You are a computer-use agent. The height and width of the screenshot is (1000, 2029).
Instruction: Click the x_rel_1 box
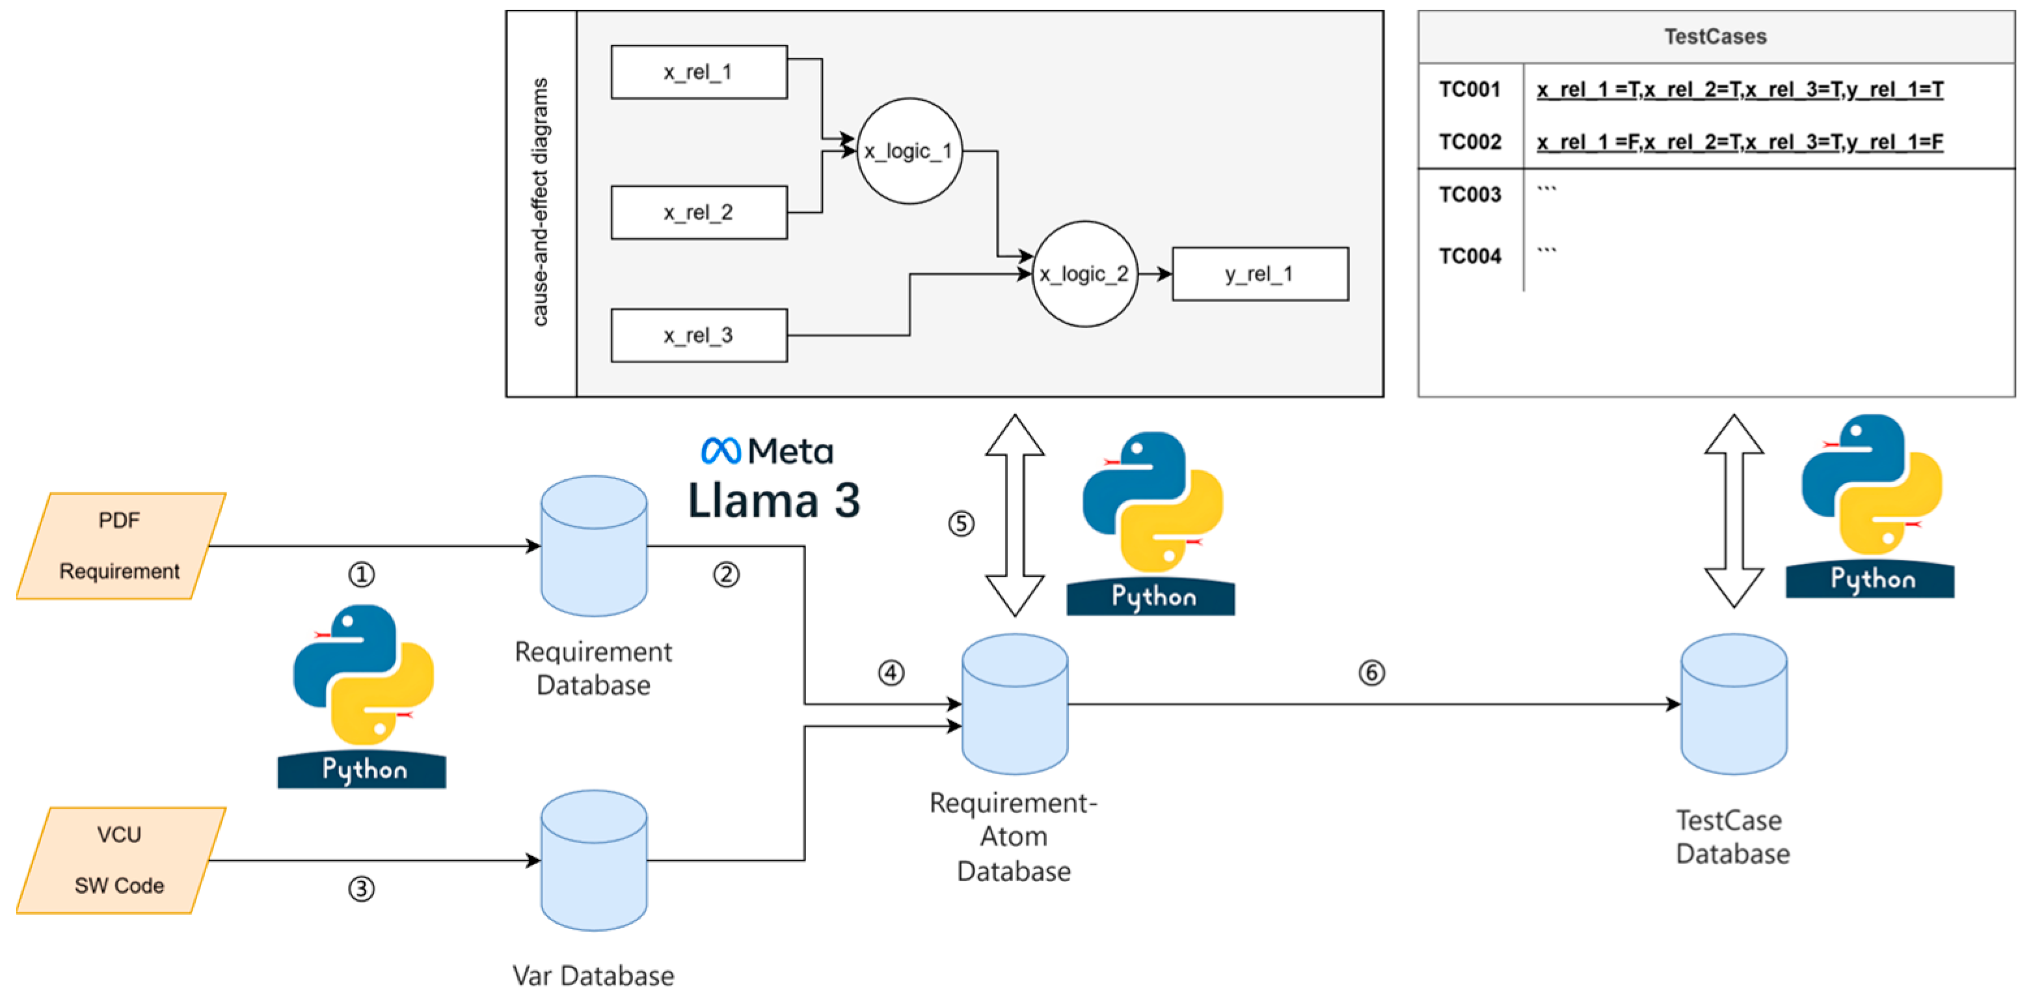tap(699, 72)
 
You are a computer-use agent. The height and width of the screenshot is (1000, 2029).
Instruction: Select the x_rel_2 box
tap(699, 213)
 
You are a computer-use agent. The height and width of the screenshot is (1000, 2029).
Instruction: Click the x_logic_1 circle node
tap(909, 151)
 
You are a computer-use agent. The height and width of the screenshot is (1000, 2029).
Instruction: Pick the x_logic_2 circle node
tap(1084, 274)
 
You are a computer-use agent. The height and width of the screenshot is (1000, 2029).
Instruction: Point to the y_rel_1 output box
tap(1259, 274)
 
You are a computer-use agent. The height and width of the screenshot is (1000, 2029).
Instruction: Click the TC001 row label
tap(1469, 90)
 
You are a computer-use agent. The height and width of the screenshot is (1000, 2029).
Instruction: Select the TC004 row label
tap(1469, 256)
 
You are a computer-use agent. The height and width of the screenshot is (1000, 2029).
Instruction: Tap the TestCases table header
tap(1715, 37)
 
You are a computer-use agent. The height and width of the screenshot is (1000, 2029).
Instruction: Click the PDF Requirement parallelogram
tap(120, 546)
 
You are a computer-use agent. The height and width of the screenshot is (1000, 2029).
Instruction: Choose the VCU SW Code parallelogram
tap(120, 860)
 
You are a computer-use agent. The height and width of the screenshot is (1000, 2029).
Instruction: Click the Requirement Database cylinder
tap(594, 546)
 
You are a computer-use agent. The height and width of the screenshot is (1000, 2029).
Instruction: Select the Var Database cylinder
tap(594, 860)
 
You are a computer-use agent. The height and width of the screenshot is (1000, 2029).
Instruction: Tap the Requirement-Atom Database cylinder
tap(1015, 704)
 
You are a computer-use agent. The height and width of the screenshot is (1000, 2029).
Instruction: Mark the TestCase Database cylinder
tap(1733, 704)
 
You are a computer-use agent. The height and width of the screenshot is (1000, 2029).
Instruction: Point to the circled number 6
tap(1371, 672)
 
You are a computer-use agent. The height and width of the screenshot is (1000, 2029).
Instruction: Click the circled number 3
tap(362, 889)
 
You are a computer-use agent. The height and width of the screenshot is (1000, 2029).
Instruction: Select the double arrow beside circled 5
tap(1015, 516)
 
